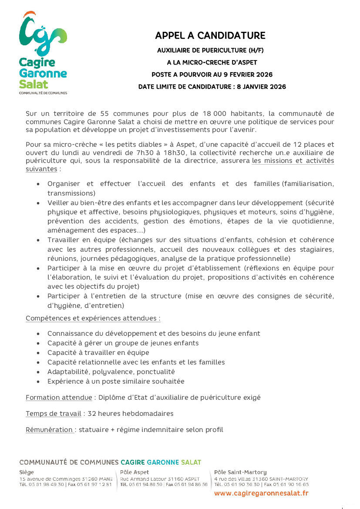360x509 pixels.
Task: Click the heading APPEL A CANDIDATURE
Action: [x=210, y=36]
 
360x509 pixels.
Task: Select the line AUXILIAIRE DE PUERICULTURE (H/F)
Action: [x=210, y=51]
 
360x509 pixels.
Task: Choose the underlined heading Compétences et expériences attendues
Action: [x=93, y=318]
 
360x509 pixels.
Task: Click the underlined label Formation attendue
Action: [x=59, y=398]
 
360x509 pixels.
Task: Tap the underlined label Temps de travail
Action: [x=54, y=414]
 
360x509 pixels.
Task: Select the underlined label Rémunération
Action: [x=50, y=430]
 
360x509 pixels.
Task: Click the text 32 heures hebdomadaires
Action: [x=131, y=414]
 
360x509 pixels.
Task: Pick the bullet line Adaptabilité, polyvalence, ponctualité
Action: [x=111, y=372]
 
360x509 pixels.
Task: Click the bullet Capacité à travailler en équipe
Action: [x=98, y=353]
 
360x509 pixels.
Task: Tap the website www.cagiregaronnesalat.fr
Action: [x=261, y=493]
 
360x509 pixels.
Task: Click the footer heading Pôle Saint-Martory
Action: [x=240, y=472]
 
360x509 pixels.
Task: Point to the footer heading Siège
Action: [x=27, y=472]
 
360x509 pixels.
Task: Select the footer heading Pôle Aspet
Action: [x=135, y=472]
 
